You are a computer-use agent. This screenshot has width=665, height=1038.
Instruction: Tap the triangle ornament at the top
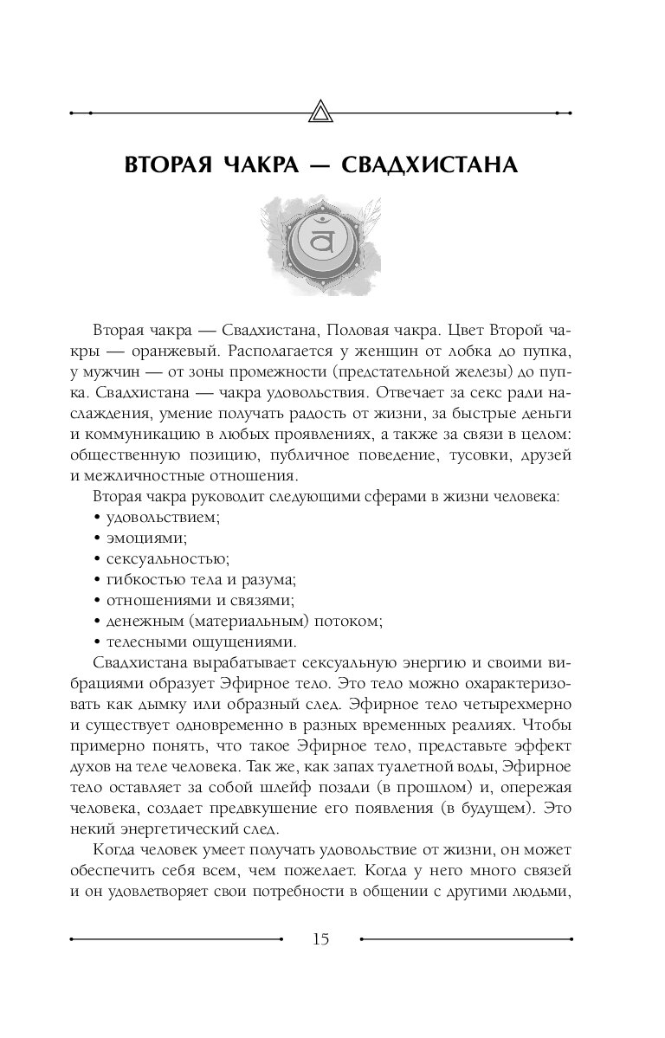[x=320, y=113]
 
